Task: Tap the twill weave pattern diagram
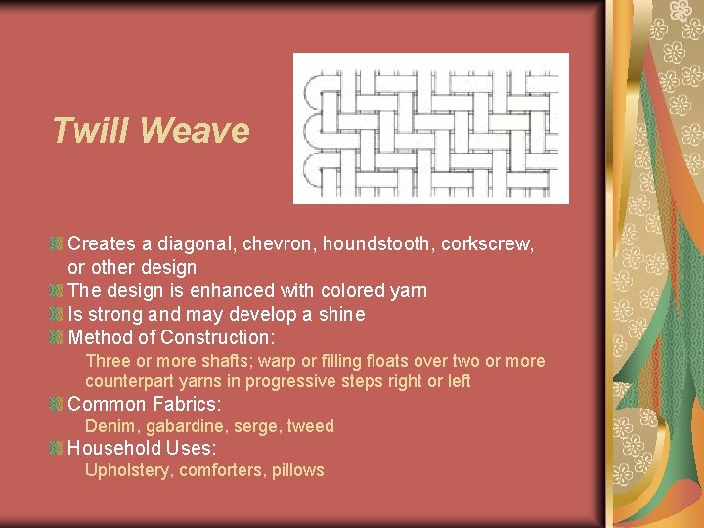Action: (x=431, y=127)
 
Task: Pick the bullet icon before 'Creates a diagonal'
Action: (x=57, y=243)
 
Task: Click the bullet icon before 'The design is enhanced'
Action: (x=57, y=290)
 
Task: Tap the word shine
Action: (x=341, y=314)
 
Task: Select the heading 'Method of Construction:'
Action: (x=171, y=337)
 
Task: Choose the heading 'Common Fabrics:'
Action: (x=145, y=404)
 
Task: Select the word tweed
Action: (x=311, y=426)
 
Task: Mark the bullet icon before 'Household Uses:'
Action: (x=57, y=449)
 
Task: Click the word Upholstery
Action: (x=127, y=470)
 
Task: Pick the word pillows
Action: (x=298, y=470)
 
